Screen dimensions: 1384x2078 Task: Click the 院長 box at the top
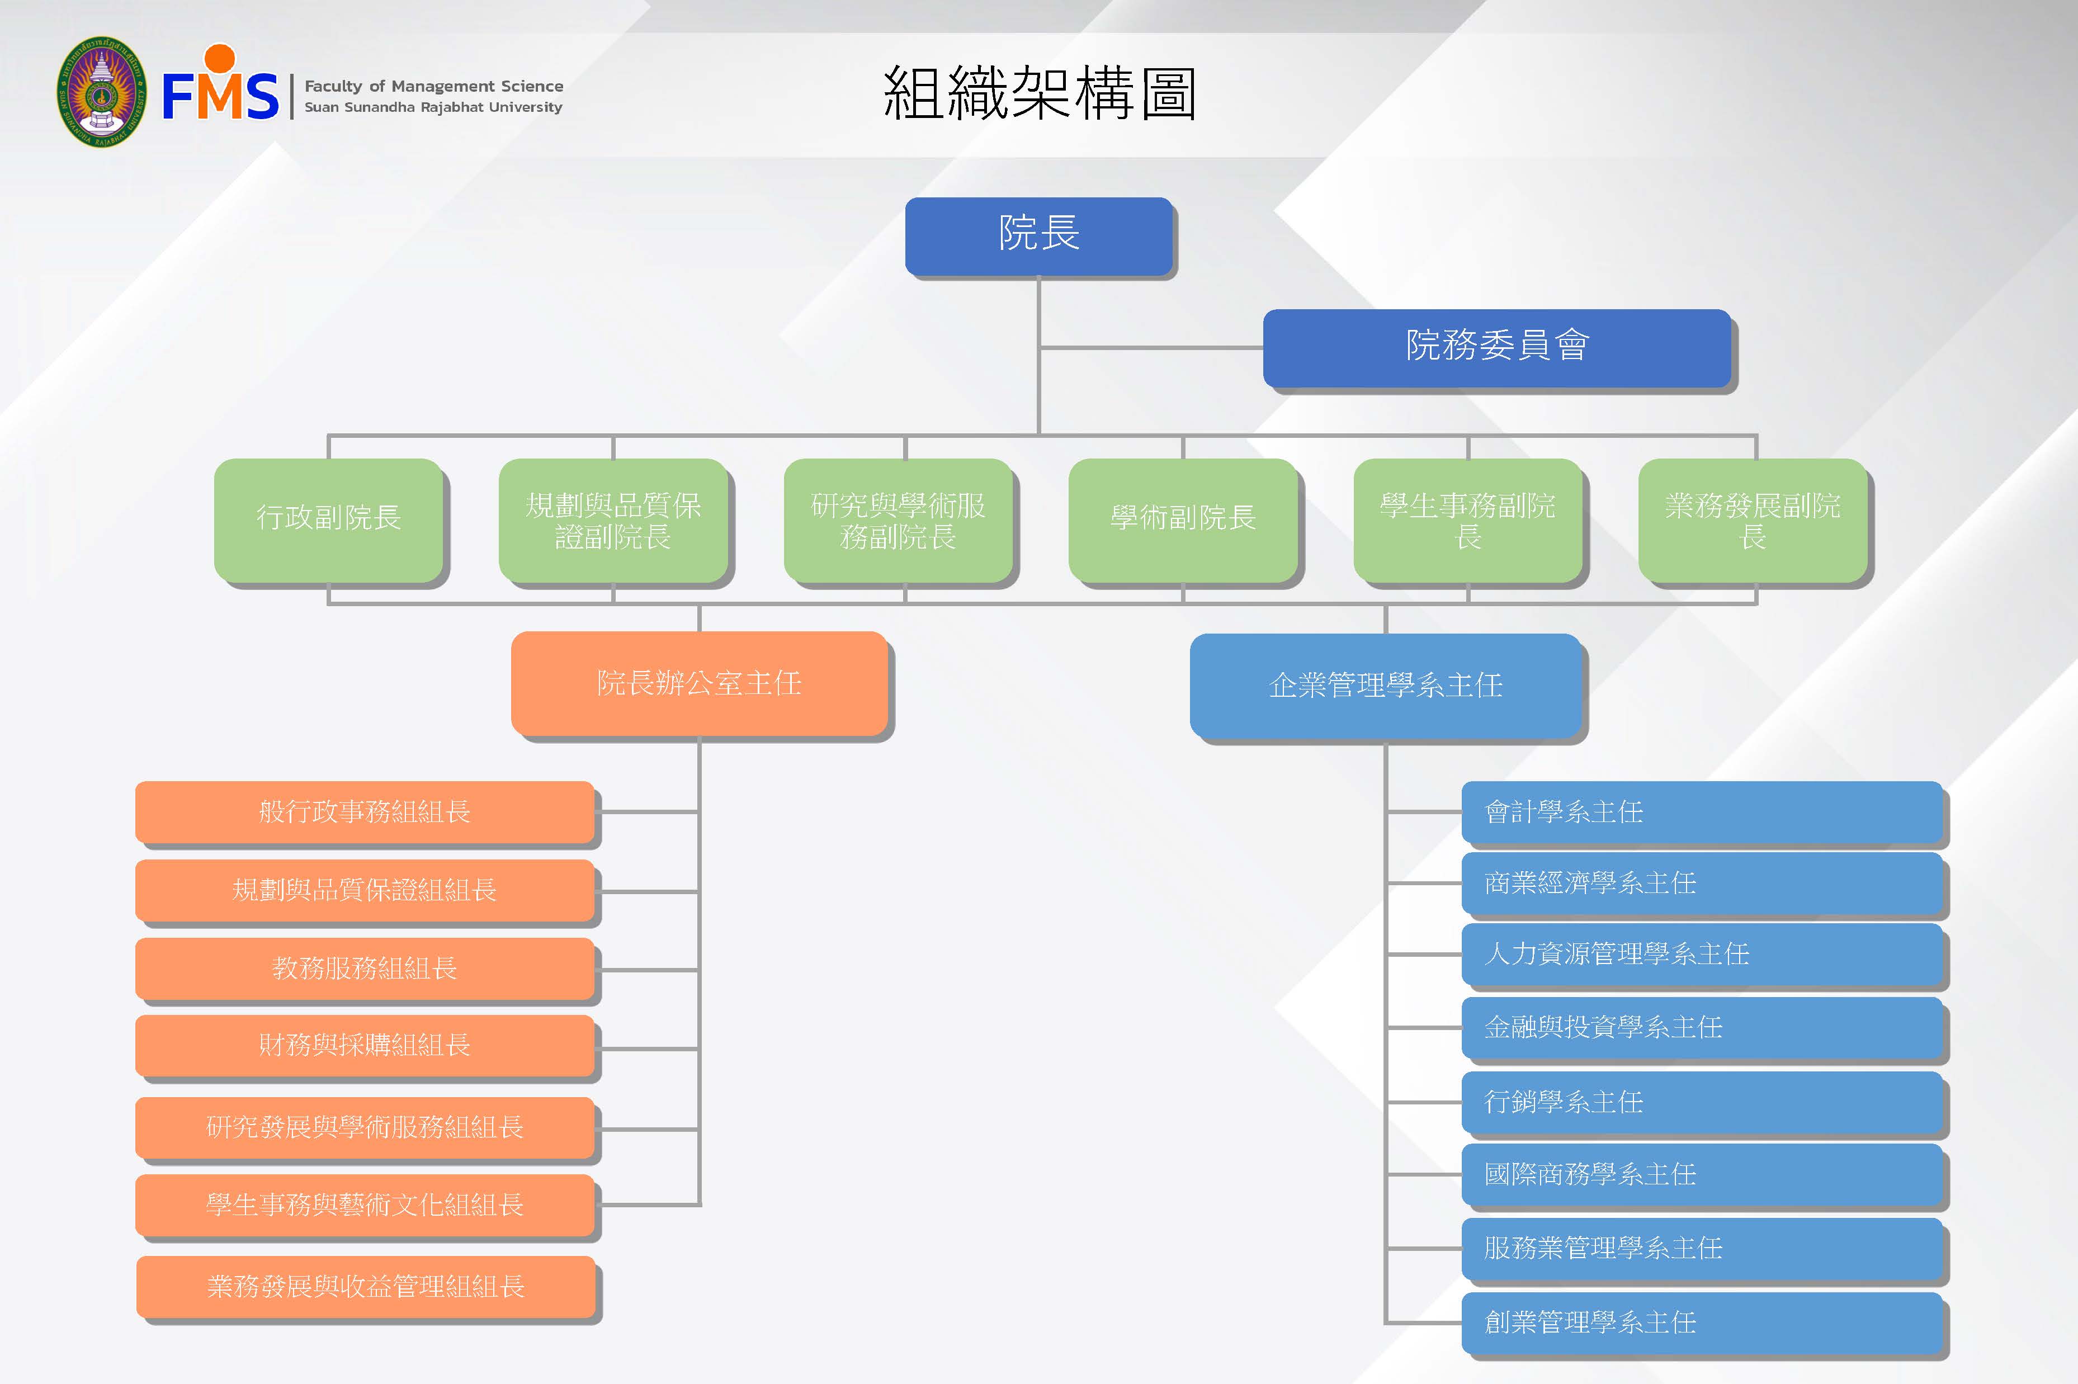pyautogui.click(x=1039, y=235)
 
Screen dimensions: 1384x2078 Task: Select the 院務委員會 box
pyautogui.click(x=1497, y=346)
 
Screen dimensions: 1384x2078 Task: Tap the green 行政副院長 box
pyautogui.click(x=328, y=519)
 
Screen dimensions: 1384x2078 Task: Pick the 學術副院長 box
pyautogui.click(x=1183, y=519)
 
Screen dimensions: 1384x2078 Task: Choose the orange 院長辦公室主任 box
pyautogui.click(x=699, y=683)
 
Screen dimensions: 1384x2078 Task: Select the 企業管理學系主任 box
pyautogui.click(x=1385, y=685)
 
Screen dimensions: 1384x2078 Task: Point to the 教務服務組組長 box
pyautogui.click(x=365, y=969)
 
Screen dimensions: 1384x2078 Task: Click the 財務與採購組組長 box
pyautogui.click(x=365, y=1045)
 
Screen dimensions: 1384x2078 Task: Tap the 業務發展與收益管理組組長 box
pyautogui.click(x=366, y=1287)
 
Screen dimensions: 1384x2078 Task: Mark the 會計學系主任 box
pyautogui.click(x=1702, y=812)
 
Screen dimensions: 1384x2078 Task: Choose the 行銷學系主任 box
pyautogui.click(x=1702, y=1102)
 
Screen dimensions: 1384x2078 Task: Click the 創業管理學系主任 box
pyautogui.click(x=1702, y=1322)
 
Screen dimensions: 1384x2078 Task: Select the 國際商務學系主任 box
pyautogui.click(x=1702, y=1175)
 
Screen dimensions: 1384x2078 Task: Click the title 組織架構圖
pyautogui.click(x=1039, y=93)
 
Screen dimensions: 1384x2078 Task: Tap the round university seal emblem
pyautogui.click(x=102, y=92)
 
